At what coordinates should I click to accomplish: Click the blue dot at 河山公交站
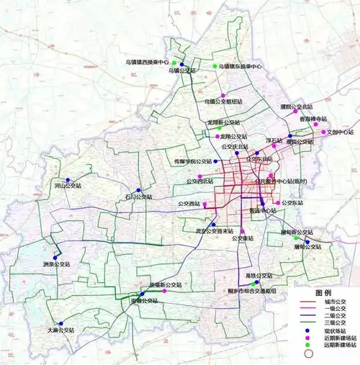[68, 180]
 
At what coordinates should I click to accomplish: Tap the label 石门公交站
[138, 196]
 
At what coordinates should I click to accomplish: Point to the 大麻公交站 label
[58, 330]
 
